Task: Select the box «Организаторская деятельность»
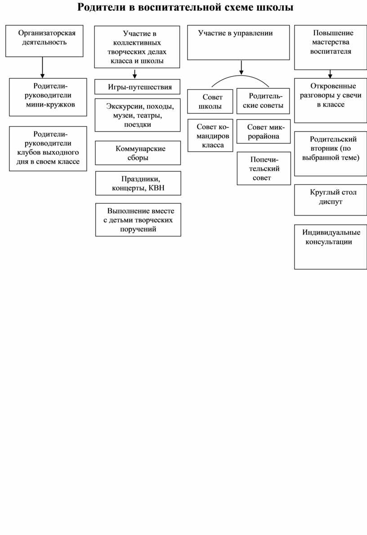(44, 40)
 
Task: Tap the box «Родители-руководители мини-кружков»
(48, 97)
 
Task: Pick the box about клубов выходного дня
(48, 148)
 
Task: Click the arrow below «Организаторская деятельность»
(42, 67)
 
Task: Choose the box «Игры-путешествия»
(138, 86)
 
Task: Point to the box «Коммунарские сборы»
(138, 153)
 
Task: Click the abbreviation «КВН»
(156, 188)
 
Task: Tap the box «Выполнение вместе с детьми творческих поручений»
(138, 220)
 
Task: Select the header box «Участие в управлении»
(238, 43)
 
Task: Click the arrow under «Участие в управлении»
(242, 67)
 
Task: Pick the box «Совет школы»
(210, 102)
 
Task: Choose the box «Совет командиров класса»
(210, 135)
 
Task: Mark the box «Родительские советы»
(263, 101)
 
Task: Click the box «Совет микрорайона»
(263, 131)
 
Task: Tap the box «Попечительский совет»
(263, 169)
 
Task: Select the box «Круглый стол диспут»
(331, 200)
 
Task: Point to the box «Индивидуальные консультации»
(331, 247)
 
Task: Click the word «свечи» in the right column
(351, 95)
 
